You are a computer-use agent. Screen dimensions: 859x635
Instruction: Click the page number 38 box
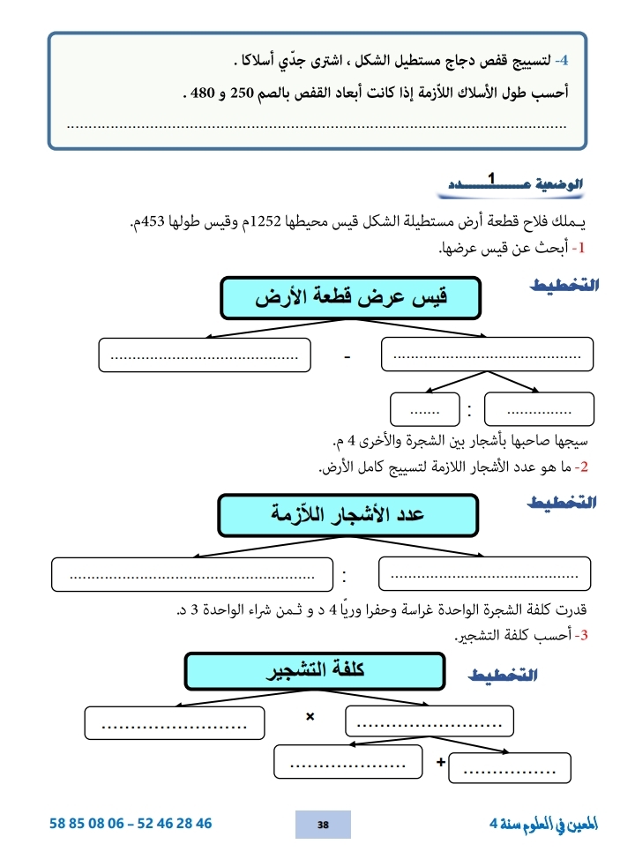[323, 824]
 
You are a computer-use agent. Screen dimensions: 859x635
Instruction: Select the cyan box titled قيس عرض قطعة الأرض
[350, 298]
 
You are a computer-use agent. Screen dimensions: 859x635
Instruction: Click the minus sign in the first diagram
[347, 358]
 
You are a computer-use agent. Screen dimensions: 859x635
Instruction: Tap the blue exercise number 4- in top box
[566, 62]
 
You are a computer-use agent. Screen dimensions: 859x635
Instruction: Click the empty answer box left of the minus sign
[204, 356]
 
